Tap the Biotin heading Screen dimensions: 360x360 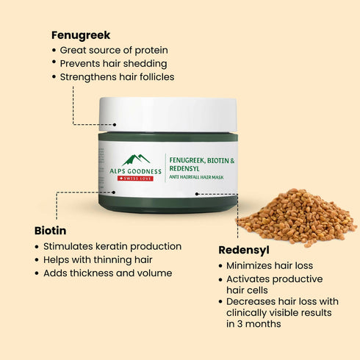coord(50,230)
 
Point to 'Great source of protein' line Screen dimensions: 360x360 coord(114,50)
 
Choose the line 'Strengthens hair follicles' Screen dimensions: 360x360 coord(117,76)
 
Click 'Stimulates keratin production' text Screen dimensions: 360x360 coord(112,246)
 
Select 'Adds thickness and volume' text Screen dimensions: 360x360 coord(107,273)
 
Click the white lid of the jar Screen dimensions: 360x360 coord(168,114)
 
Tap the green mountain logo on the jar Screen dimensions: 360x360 coord(136,159)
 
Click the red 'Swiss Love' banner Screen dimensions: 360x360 coord(136,179)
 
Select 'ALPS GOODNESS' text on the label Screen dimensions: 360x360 coord(136,170)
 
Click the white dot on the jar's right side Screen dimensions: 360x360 coord(198,194)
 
